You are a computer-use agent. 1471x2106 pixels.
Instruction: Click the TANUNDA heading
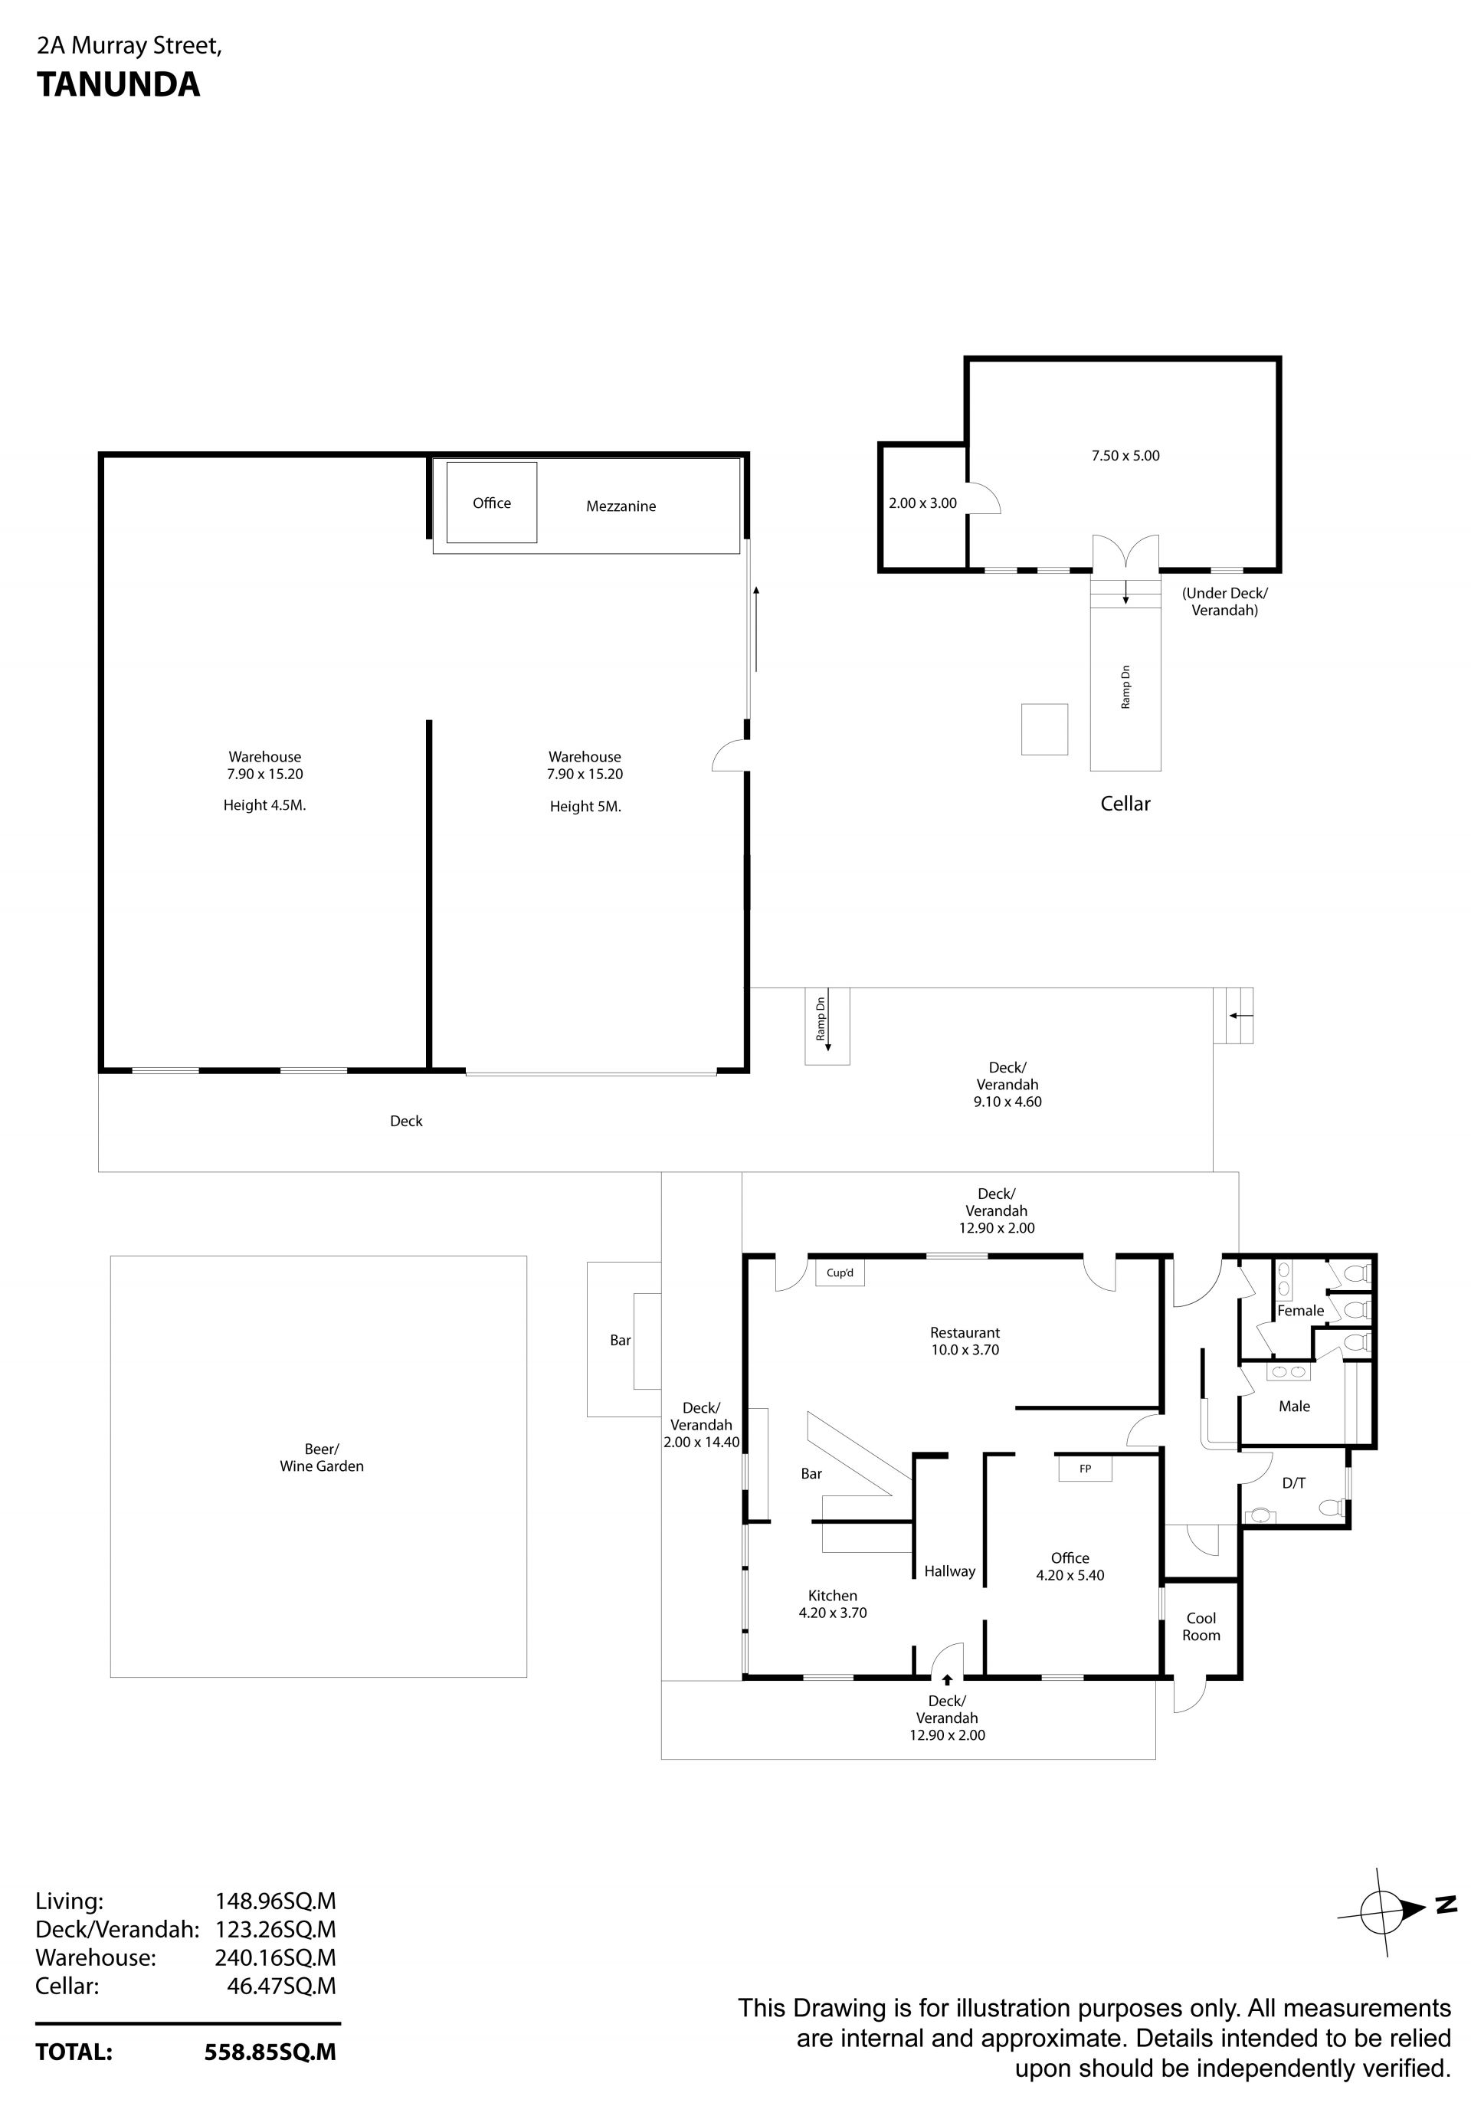click(118, 84)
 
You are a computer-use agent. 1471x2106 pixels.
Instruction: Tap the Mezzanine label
click(621, 506)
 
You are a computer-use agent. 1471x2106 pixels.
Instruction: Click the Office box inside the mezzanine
click(492, 503)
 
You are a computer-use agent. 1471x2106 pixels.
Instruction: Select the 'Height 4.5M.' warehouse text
click(264, 805)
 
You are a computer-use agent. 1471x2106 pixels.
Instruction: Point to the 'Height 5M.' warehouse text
click(585, 806)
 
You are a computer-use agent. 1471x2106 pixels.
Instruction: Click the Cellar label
click(1125, 804)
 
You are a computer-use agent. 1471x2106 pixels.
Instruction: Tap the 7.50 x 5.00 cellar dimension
click(1125, 456)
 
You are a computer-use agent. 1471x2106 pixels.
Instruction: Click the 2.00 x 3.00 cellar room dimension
click(922, 503)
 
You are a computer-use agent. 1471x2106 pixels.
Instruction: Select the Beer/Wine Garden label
click(321, 1458)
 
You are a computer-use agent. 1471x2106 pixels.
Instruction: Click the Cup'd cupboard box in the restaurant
click(840, 1273)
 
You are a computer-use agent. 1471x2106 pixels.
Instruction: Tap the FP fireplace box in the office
click(1085, 1469)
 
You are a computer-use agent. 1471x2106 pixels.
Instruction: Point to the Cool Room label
click(1201, 1626)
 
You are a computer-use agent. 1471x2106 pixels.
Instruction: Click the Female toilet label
click(1300, 1311)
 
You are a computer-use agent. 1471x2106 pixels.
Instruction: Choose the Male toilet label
click(1294, 1406)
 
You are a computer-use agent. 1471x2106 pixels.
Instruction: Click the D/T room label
click(1293, 1483)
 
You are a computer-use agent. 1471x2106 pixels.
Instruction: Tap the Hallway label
click(949, 1571)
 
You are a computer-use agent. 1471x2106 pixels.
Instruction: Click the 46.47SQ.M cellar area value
click(281, 1986)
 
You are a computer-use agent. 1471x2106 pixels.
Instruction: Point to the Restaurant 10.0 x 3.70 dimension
click(965, 1350)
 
